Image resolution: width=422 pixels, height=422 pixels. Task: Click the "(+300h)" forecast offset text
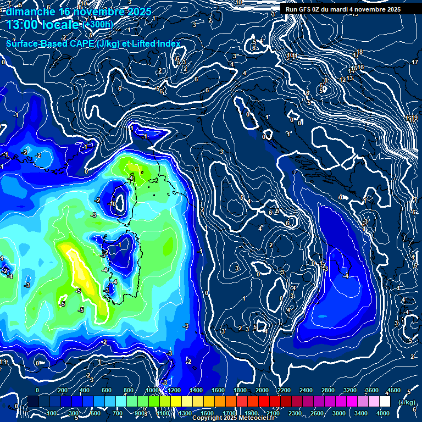click(98, 24)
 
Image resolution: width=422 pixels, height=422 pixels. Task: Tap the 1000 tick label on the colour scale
click(152, 390)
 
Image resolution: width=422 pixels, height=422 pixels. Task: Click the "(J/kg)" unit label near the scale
click(407, 402)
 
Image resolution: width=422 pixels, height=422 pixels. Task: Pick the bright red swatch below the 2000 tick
click(264, 402)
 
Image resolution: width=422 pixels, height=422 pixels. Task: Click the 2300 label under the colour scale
click(295, 413)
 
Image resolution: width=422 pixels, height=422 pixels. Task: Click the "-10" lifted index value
click(112, 203)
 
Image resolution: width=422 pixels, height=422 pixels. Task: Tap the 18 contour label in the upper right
click(359, 52)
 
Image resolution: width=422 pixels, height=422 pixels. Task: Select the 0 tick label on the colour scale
click(37, 390)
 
